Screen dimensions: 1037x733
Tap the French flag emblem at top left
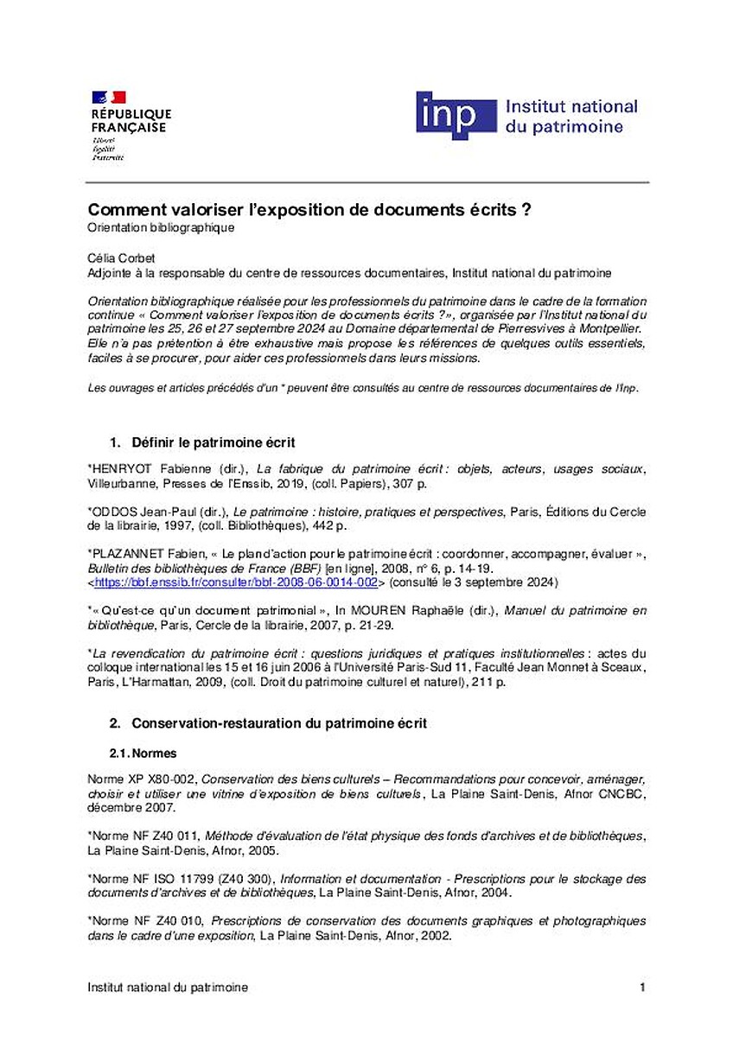tap(108, 97)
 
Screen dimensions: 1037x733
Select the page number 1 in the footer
tap(642, 987)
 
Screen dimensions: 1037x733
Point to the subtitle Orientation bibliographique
tap(162, 228)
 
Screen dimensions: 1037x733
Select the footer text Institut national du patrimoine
tap(168, 987)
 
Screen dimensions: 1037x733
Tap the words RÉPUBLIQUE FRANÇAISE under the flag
tap(131, 120)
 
